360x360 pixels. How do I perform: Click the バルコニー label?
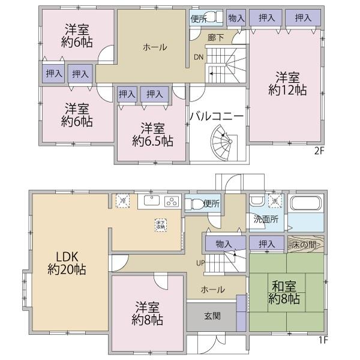[x=217, y=116]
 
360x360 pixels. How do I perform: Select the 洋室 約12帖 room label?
[x=287, y=83]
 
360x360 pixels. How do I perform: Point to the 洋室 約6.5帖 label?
[x=153, y=135]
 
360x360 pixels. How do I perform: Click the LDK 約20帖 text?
[x=67, y=262]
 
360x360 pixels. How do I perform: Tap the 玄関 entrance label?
[x=211, y=316]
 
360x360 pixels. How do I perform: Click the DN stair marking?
[x=198, y=58]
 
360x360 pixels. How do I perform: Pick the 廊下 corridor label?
[x=216, y=37]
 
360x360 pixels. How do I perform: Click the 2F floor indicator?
[x=319, y=151]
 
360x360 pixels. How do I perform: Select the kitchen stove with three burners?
[x=172, y=201]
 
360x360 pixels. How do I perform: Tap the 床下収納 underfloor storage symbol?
[x=160, y=223]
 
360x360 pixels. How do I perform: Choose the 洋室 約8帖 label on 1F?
[x=148, y=313]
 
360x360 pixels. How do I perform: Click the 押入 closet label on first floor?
[x=266, y=244]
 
